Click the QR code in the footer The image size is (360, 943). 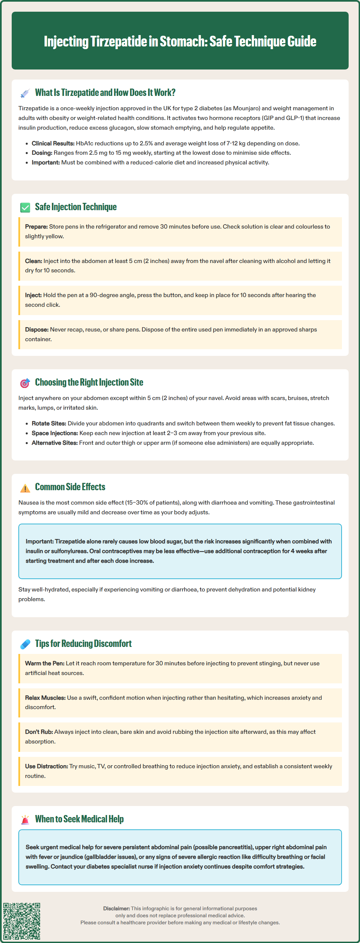(x=22, y=921)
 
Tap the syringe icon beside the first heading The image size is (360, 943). (x=25, y=93)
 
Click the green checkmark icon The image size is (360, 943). (x=25, y=208)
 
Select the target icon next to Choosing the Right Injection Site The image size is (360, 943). (x=25, y=383)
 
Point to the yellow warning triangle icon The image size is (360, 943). (x=25, y=488)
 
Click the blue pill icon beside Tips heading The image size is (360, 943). (x=25, y=644)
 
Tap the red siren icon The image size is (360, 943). (x=25, y=820)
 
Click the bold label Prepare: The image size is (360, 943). (x=36, y=227)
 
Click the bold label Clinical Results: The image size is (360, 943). (x=53, y=143)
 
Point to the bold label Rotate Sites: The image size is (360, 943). (x=49, y=423)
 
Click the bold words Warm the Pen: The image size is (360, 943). (x=45, y=663)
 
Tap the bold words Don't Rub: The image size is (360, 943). (x=39, y=732)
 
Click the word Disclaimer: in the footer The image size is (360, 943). (x=116, y=908)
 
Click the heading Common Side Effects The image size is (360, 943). (x=70, y=487)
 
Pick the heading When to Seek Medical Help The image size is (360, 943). (x=79, y=819)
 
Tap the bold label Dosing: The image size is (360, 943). (x=42, y=153)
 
